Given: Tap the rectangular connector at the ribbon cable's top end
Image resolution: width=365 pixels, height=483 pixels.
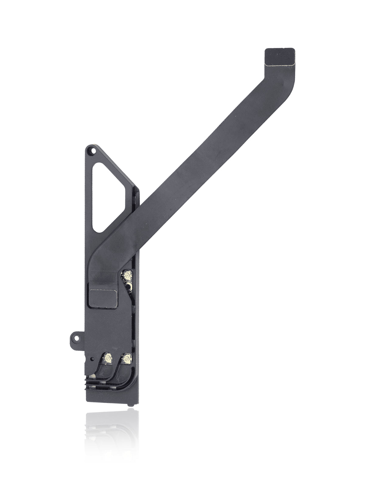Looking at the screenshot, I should coord(280,57).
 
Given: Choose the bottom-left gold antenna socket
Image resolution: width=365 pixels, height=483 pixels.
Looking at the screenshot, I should coord(107,359).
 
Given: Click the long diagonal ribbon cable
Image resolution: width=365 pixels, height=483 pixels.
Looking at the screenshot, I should coord(198,182).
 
